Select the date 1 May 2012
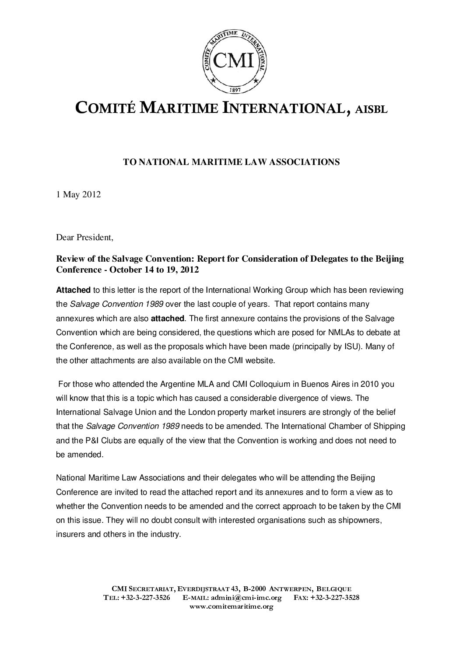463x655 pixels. [79, 195]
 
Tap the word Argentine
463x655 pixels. [160, 385]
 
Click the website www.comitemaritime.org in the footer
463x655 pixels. [231, 606]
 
